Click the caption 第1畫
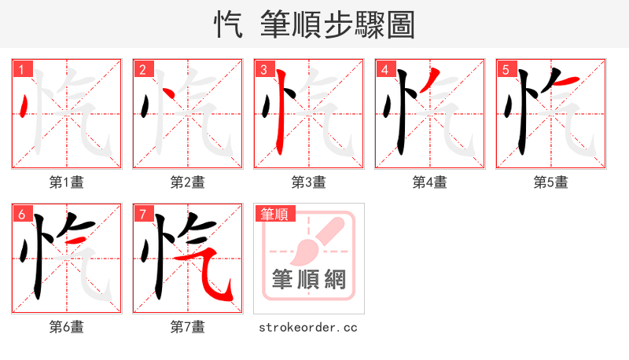[67, 182]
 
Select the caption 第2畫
[188, 182]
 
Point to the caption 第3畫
[309, 182]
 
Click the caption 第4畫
[430, 182]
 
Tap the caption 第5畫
[551, 182]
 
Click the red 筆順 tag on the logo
[274, 214]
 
